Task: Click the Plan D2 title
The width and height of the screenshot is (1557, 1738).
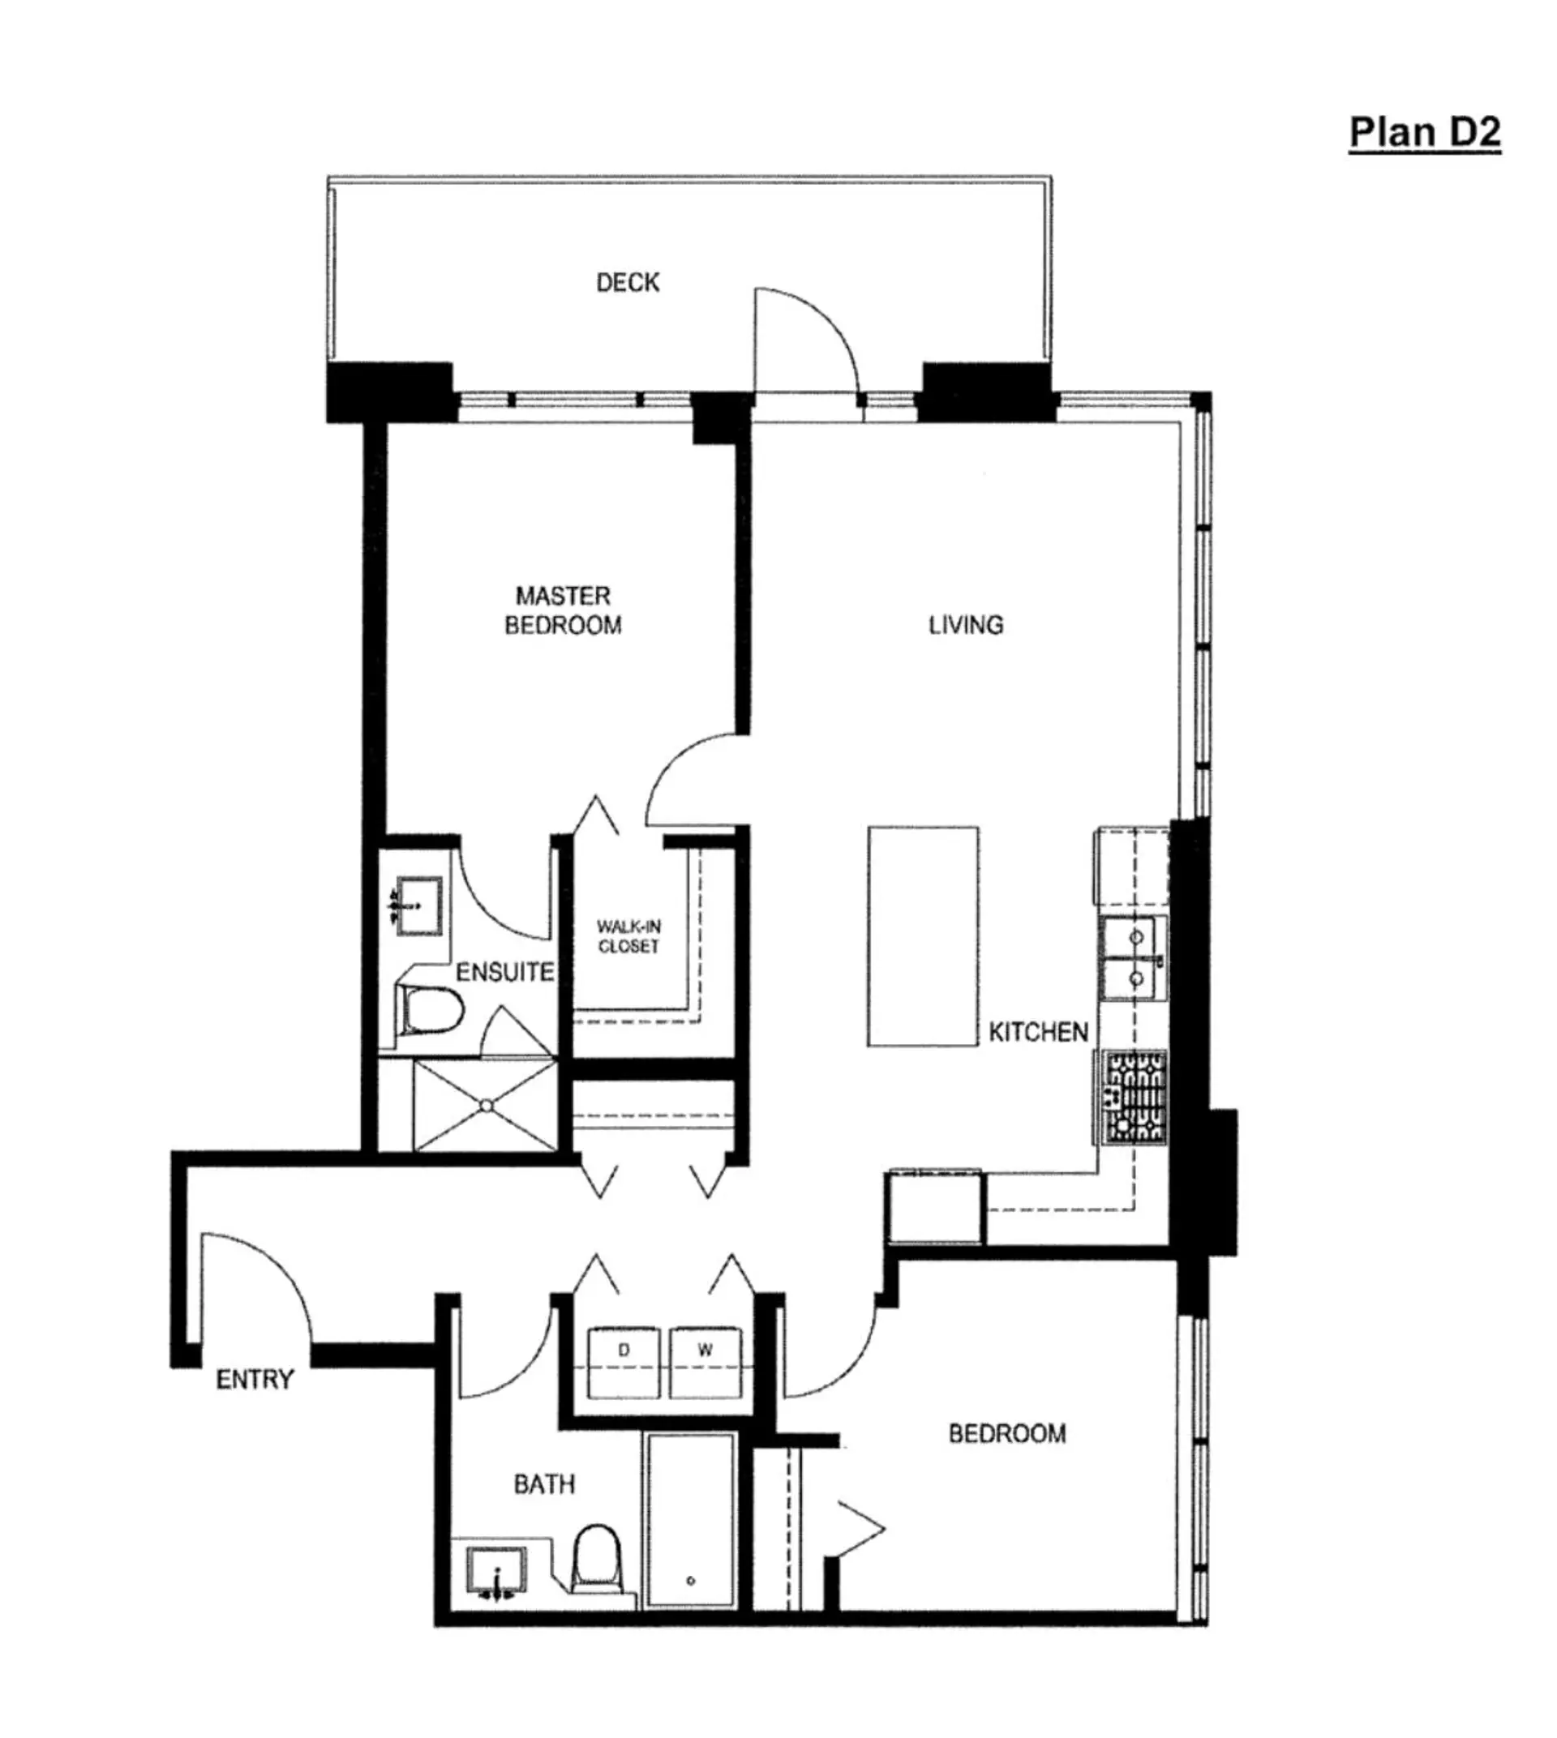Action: click(x=1424, y=133)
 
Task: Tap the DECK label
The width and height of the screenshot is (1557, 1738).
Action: click(x=627, y=282)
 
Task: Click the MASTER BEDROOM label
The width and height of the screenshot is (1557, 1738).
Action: click(x=563, y=610)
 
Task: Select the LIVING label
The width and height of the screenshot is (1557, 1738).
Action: click(x=966, y=625)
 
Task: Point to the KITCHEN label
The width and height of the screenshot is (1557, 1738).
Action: click(x=1038, y=1033)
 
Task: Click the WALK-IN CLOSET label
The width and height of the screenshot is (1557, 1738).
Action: click(x=628, y=936)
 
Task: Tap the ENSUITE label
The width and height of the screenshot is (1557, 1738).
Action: click(x=504, y=973)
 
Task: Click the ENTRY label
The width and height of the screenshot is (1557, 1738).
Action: click(x=255, y=1380)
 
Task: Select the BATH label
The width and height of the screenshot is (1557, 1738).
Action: click(x=544, y=1484)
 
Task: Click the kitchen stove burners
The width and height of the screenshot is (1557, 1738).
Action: click(x=1135, y=1098)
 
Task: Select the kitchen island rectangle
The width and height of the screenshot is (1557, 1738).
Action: click(x=923, y=935)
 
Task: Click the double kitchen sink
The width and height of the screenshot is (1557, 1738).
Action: click(x=1135, y=958)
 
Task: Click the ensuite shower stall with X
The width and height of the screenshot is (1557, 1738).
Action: click(x=485, y=1106)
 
